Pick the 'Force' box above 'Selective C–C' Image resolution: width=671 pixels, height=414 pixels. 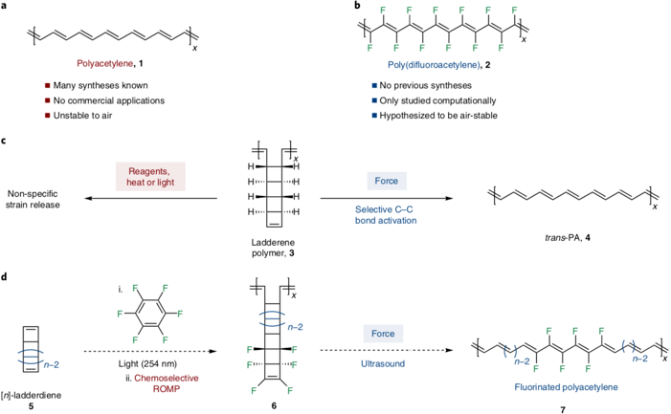tap(383, 179)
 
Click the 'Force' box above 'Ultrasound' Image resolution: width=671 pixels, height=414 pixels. tap(383, 334)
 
